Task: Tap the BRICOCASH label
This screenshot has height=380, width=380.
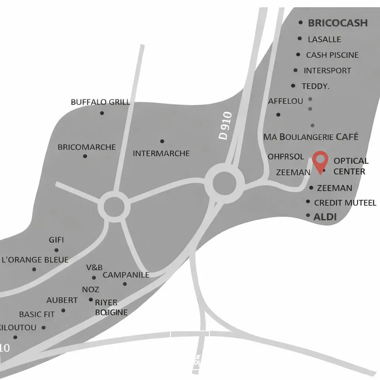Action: [338, 23]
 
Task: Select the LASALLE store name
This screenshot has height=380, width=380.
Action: [324, 39]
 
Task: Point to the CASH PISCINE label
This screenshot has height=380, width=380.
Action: [332, 55]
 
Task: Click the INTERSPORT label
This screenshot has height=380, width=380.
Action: [327, 70]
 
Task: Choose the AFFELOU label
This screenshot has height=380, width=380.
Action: [285, 101]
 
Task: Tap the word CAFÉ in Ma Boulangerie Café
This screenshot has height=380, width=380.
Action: [347, 137]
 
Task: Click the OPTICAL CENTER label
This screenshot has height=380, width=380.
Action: [351, 166]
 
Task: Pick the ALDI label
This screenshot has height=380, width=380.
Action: [325, 217]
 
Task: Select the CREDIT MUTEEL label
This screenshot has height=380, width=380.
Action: [345, 203]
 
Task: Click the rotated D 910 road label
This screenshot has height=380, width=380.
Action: [225, 126]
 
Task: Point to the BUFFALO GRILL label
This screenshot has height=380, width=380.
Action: [100, 102]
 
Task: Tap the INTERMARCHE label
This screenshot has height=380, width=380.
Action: [161, 153]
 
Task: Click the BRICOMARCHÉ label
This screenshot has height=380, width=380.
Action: [87, 147]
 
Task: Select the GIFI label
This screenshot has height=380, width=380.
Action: [56, 240]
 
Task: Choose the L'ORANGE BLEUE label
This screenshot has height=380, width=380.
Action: [35, 260]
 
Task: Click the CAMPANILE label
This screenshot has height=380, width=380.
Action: [126, 275]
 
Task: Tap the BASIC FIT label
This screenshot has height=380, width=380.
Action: [37, 314]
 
